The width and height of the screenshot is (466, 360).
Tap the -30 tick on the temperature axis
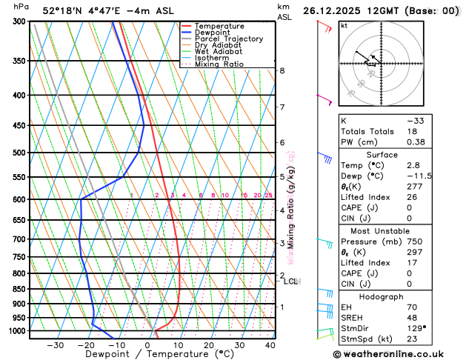pyautogui.click(x=56, y=345)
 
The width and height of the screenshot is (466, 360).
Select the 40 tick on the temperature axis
pyautogui.click(x=270, y=345)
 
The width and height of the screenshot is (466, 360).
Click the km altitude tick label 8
pyautogui.click(x=282, y=70)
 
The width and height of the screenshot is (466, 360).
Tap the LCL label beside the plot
pyautogui.click(x=290, y=281)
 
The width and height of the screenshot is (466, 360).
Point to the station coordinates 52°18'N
pyautogui.click(x=62, y=11)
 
